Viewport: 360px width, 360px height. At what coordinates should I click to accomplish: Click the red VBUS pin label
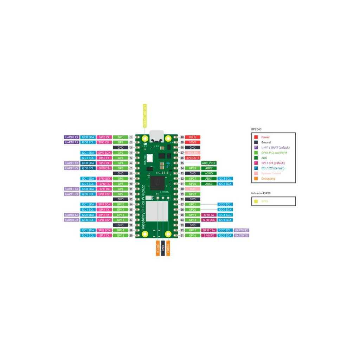pyautogui.click(x=193, y=137)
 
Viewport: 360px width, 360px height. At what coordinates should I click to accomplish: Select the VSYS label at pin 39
pyautogui.click(x=193, y=142)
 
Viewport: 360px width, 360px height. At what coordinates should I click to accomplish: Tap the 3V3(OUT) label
pyautogui.click(x=193, y=158)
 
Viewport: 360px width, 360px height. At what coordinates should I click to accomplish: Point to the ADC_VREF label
pyautogui.click(x=209, y=163)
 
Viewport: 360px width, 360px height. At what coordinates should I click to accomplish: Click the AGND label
pyautogui.click(x=209, y=173)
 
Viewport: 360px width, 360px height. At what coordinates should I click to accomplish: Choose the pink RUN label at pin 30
pyautogui.click(x=193, y=189)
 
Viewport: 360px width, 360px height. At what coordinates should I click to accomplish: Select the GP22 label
pyautogui.click(x=193, y=194)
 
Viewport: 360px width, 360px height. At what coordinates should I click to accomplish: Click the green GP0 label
pyautogui.click(x=120, y=137)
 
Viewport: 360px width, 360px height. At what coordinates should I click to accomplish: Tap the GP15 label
pyautogui.click(x=120, y=236)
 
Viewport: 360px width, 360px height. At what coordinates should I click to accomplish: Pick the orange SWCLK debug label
pyautogui.click(x=158, y=248)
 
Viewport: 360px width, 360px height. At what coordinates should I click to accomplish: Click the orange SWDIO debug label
pyautogui.click(x=168, y=248)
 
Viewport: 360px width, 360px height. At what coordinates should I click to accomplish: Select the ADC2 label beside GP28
pyautogui.click(x=209, y=168)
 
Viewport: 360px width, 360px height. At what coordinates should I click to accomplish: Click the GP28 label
pyautogui.click(x=193, y=168)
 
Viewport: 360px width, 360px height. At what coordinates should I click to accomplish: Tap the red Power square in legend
pyautogui.click(x=256, y=137)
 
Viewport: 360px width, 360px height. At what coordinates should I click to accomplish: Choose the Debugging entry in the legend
pyautogui.click(x=268, y=179)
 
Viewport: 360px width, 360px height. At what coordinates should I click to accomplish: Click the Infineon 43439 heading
pyautogui.click(x=261, y=193)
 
